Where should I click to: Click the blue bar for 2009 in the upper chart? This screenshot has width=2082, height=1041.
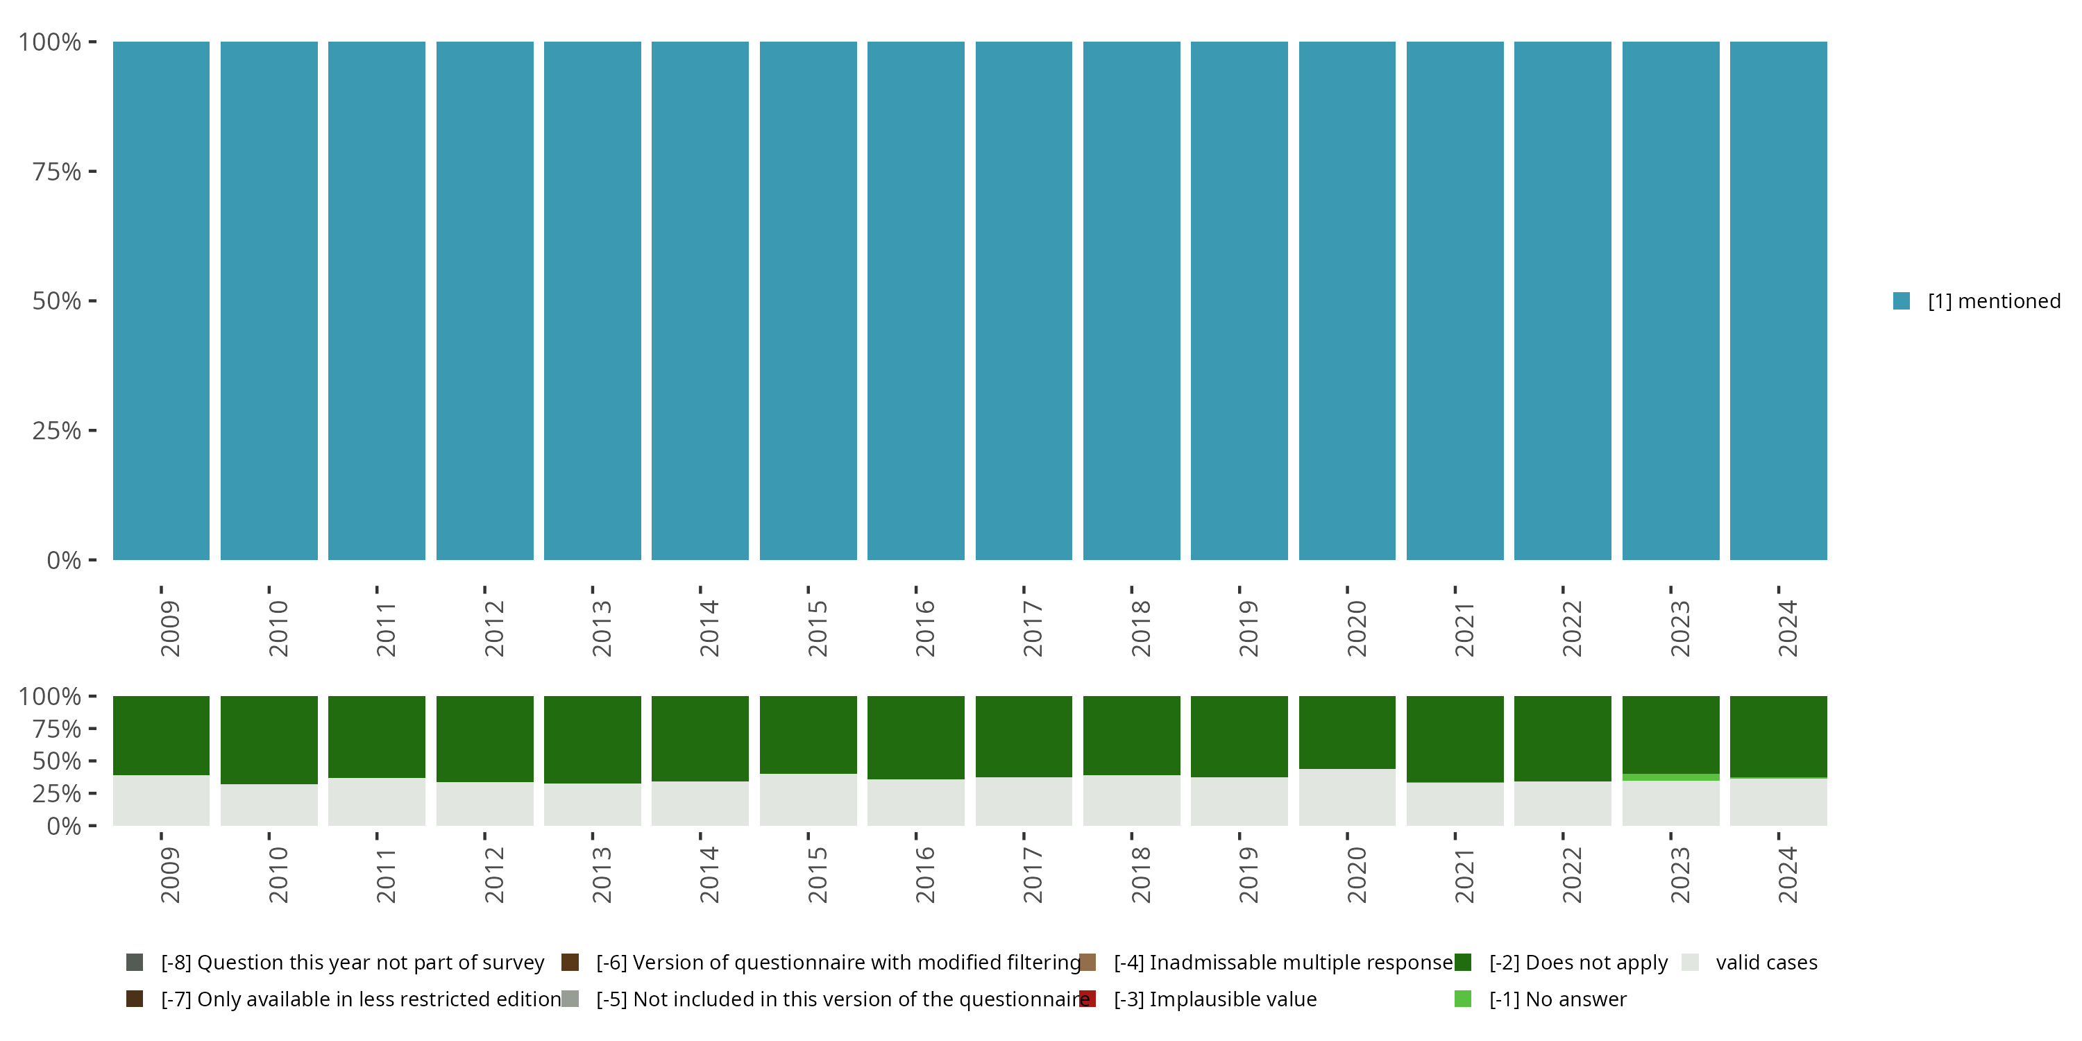(x=161, y=301)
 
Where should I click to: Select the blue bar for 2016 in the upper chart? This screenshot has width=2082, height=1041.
(x=915, y=301)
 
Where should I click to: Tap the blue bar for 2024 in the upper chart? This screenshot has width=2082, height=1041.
(x=1778, y=301)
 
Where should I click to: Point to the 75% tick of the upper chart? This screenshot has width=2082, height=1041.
(x=57, y=171)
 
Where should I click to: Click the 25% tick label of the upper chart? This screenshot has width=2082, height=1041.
(x=57, y=431)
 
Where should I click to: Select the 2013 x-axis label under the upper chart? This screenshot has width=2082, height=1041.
(x=601, y=628)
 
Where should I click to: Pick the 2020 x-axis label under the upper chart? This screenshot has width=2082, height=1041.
(x=1356, y=628)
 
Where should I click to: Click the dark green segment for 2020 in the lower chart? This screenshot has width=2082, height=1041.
(x=1347, y=731)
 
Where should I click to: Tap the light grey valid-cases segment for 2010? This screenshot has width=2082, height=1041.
(x=269, y=805)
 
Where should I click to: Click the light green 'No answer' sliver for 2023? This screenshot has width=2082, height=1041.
(x=1670, y=777)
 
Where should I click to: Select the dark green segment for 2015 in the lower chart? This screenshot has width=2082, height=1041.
(x=809, y=734)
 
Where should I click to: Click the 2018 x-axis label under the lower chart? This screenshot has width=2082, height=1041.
(x=1140, y=874)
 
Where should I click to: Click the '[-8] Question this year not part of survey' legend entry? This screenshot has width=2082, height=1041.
(x=353, y=963)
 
